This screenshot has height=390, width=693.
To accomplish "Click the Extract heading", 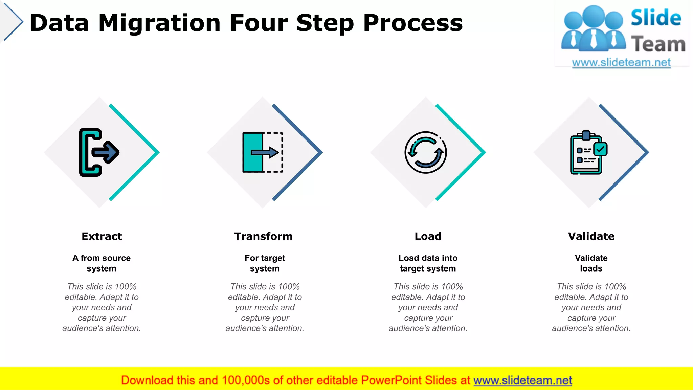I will pyautogui.click(x=102, y=236).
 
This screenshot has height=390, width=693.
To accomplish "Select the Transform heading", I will pyautogui.click(x=263, y=236).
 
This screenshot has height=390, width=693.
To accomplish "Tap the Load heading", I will pyautogui.click(x=428, y=236).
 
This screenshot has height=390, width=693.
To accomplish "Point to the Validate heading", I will pyautogui.click(x=591, y=236).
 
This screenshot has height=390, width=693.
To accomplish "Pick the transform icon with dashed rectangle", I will pyautogui.click(x=263, y=152).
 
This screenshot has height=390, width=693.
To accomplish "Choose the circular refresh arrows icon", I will pyautogui.click(x=426, y=152).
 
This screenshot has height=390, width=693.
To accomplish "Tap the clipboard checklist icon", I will pyautogui.click(x=587, y=153).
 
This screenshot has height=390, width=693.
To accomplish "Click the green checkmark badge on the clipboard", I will pyautogui.click(x=601, y=149).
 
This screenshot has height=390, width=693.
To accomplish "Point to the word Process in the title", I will pyautogui.click(x=413, y=23).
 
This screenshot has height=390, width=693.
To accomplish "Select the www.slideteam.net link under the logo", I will pyautogui.click(x=621, y=63).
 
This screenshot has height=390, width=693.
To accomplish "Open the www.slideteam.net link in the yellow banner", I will pyautogui.click(x=522, y=380).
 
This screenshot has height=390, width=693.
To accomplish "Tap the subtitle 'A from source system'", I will pyautogui.click(x=102, y=263).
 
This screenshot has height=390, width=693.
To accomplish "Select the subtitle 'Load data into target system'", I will pyautogui.click(x=428, y=263).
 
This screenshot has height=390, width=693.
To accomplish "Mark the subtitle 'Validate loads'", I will pyautogui.click(x=591, y=263).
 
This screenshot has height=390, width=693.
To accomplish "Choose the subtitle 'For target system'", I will pyautogui.click(x=265, y=263).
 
